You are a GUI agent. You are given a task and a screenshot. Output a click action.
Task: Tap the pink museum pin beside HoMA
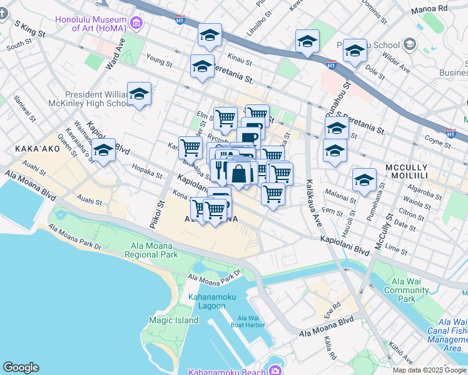[136, 24]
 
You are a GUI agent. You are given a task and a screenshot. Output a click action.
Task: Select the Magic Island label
[169, 320]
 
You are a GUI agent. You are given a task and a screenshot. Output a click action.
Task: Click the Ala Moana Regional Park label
[151, 250]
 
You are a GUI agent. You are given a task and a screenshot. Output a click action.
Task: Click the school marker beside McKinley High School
[139, 94]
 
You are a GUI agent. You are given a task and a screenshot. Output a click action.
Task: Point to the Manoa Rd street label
[429, 9]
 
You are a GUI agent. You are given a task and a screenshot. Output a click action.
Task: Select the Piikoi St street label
[160, 212]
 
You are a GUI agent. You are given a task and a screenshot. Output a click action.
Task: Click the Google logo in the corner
[21, 367]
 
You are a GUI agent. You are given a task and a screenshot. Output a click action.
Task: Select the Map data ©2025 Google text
[429, 370]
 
